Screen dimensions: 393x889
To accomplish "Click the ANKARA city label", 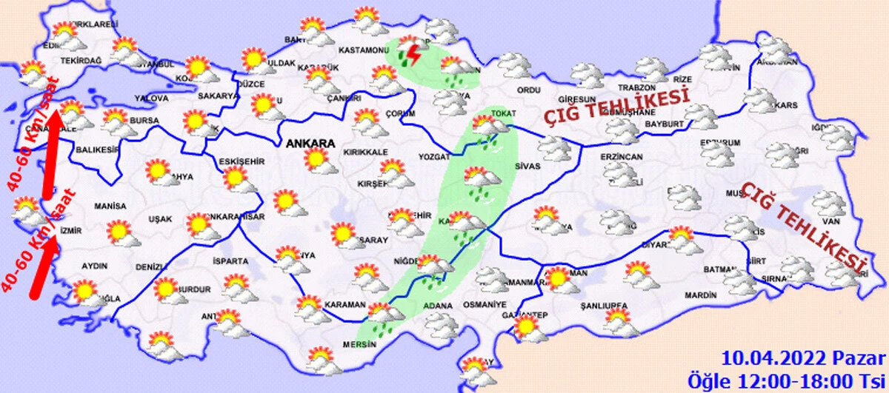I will click(307, 144).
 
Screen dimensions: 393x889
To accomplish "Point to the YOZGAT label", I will click(434, 158).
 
